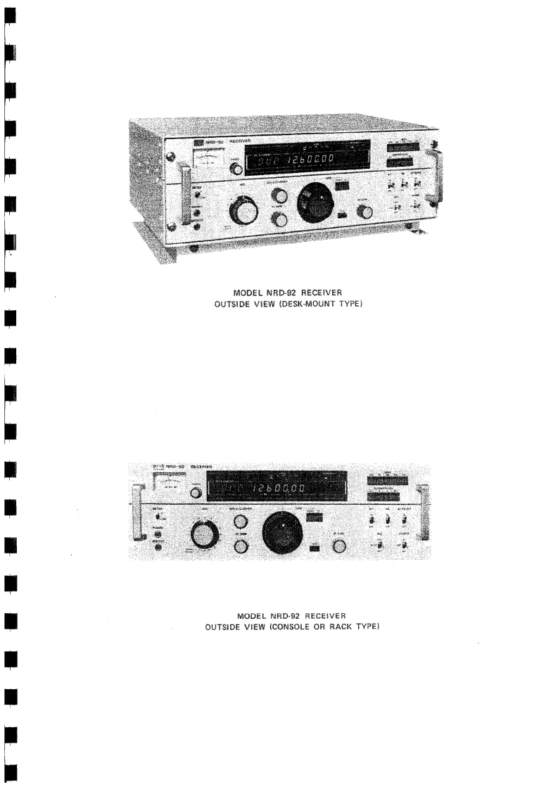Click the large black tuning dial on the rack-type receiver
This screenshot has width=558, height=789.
[281, 533]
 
